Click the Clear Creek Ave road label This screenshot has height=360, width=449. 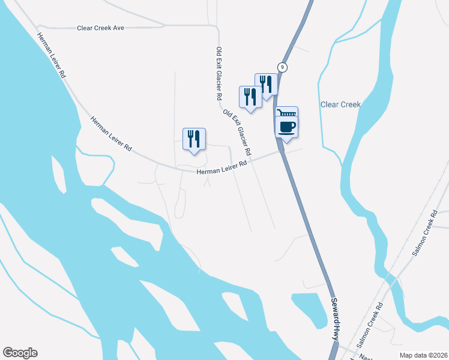click(100, 28)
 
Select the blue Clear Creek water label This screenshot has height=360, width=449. click(340, 104)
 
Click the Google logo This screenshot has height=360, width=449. click(20, 353)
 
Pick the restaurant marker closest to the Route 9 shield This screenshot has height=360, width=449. click(267, 83)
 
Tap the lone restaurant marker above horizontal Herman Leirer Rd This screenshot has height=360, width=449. click(194, 139)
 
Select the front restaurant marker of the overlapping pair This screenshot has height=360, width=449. click(251, 97)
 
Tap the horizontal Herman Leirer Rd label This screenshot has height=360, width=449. click(222, 168)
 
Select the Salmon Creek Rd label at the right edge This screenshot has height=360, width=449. click(423, 234)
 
